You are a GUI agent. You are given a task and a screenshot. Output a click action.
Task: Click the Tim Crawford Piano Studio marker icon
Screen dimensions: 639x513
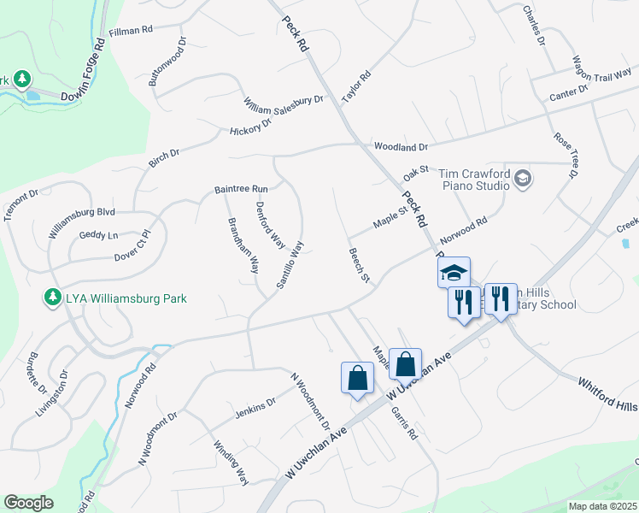click(523, 180)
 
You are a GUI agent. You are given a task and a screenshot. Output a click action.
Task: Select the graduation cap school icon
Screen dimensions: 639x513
click(454, 273)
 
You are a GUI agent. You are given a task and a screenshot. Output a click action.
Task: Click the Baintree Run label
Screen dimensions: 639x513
click(241, 188)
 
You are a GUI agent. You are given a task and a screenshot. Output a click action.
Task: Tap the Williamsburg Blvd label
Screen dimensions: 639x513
click(81, 221)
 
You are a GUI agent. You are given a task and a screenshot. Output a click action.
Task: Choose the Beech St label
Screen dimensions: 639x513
click(359, 266)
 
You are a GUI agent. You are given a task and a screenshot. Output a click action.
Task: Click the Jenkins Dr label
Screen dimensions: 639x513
click(255, 410)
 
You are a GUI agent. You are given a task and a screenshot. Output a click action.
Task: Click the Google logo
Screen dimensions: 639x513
click(28, 503)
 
